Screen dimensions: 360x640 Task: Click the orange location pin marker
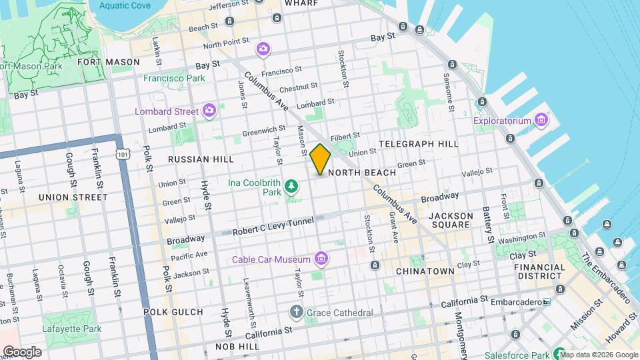coord(321,159)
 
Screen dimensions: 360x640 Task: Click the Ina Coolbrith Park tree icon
coord(291,185)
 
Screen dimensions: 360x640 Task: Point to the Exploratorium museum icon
coord(541,121)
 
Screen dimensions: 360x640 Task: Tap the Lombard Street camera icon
coord(209,110)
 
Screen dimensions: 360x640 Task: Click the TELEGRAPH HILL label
coord(418,144)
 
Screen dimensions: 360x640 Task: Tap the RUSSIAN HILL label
coord(201,159)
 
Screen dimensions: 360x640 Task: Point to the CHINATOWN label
coord(425,271)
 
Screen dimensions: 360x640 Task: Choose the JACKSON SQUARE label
coord(451,221)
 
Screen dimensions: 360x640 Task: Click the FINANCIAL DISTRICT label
coord(539,271)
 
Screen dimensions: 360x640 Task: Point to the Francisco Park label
coord(174,78)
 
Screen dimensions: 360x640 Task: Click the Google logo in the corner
coord(21,351)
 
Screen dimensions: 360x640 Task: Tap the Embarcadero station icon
coord(547,302)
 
